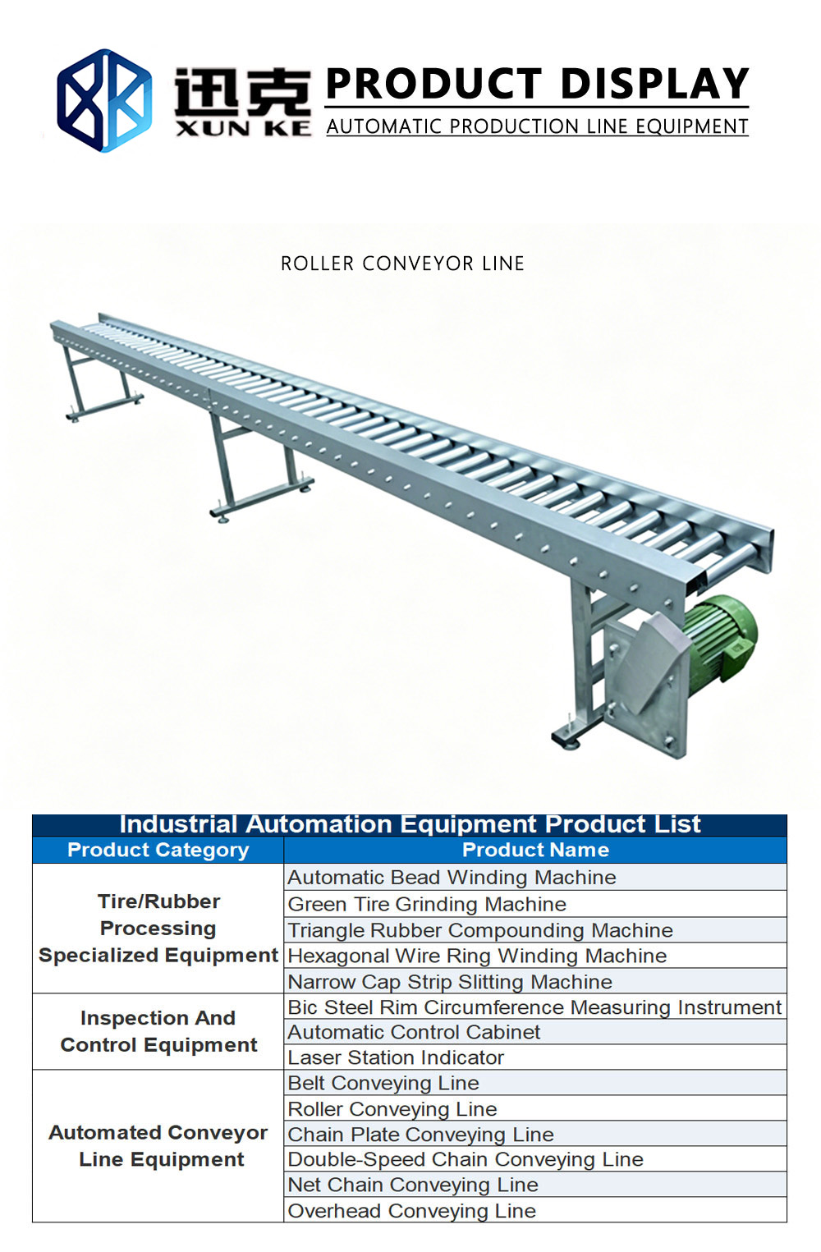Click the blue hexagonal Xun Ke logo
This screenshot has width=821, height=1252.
[104, 101]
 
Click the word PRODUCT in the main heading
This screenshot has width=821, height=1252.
[433, 83]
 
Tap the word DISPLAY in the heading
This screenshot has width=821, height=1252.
[654, 83]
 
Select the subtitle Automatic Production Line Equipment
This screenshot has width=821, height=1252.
[537, 127]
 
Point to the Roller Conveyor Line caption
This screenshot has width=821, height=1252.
[402, 264]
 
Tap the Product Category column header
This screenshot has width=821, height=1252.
[158, 850]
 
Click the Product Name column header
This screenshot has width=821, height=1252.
[535, 850]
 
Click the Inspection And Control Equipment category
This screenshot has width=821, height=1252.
[158, 1031]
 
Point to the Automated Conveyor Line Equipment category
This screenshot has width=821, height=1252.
[158, 1146]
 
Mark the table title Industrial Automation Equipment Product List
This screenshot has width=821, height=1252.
[410, 824]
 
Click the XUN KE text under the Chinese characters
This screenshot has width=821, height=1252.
[243, 129]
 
